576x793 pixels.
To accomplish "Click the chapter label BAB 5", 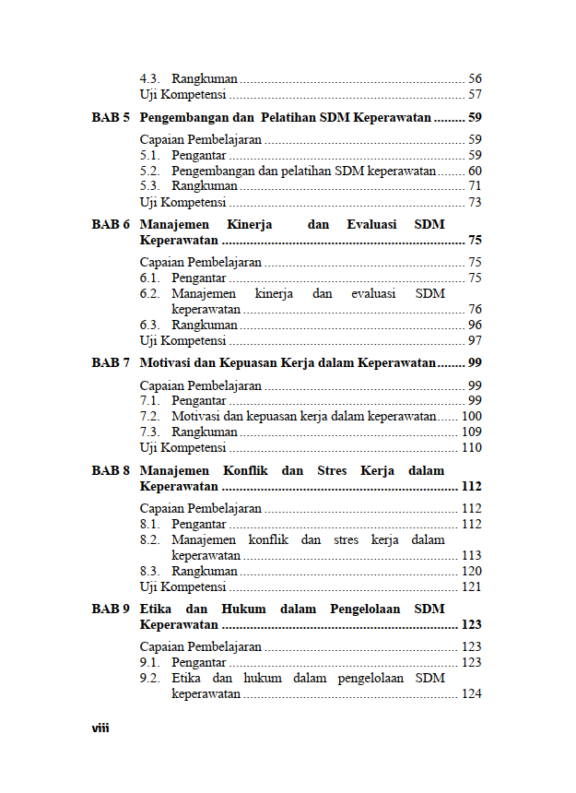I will [111, 118].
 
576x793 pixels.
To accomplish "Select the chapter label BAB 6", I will [111, 224].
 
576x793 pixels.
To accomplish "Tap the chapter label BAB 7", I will [111, 362].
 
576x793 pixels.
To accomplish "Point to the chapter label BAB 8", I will [111, 470].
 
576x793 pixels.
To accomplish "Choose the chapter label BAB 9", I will [111, 609].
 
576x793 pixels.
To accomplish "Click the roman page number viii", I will [100, 728].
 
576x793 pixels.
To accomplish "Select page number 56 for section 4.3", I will [475, 79].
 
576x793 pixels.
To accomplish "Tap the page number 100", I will [472, 417].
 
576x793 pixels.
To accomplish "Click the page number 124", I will [472, 694].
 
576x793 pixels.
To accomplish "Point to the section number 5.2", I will [149, 172].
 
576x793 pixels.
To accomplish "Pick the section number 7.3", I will [149, 432].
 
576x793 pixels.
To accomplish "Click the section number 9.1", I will [149, 663].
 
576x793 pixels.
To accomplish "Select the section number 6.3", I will [149, 325].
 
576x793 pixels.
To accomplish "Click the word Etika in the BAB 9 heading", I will [156, 609].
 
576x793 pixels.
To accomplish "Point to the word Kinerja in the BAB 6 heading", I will [249, 224].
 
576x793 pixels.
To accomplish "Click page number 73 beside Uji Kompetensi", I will [475, 203].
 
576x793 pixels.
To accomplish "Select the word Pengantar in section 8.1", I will [199, 525].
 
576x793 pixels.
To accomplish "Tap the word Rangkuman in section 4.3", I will [205, 79].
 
